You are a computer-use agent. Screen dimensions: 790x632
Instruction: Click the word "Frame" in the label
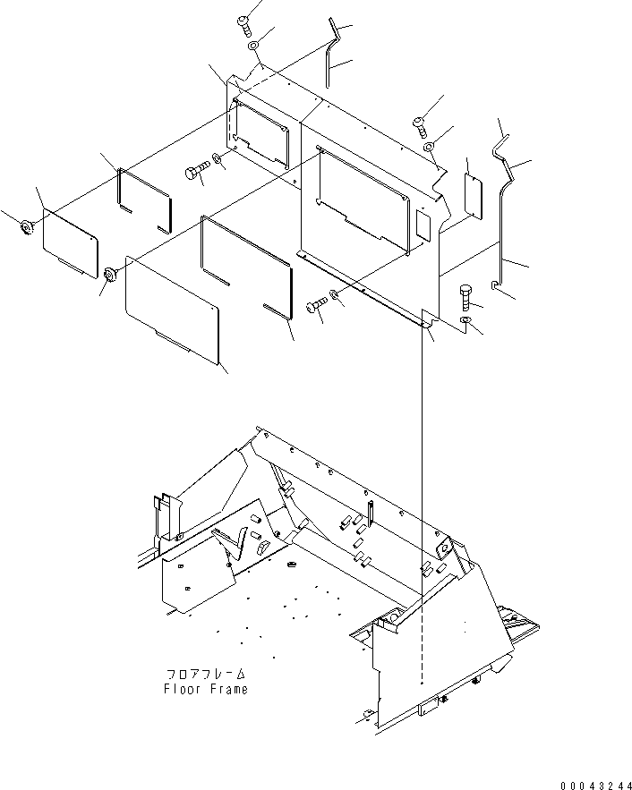[x=227, y=689]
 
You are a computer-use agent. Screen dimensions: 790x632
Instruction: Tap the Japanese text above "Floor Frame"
[x=205, y=673]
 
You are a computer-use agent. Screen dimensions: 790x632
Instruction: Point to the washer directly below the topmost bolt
[x=253, y=46]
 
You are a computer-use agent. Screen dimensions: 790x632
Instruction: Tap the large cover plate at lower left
[x=172, y=310]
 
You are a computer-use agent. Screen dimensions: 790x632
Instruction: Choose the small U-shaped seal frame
[x=144, y=201]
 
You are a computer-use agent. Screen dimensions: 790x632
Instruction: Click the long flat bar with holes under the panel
[x=363, y=288]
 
